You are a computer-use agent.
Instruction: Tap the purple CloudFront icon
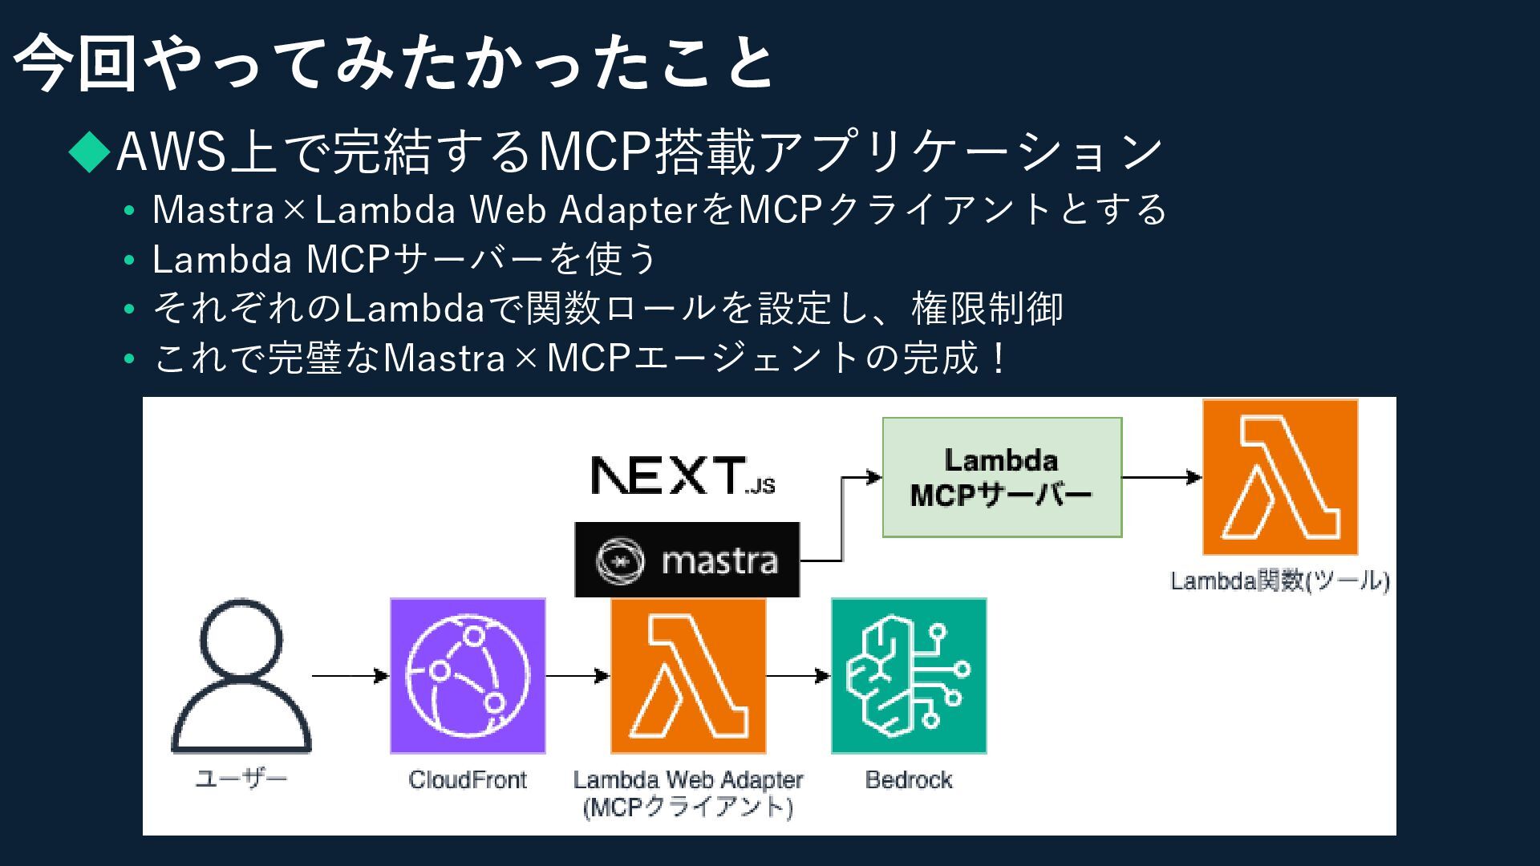pos(468,675)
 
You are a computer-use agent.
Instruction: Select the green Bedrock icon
pos(909,675)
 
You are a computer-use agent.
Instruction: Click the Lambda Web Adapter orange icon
pos(688,675)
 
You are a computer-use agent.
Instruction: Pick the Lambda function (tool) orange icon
pos(1280,477)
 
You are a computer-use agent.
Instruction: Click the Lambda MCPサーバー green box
pos(1002,477)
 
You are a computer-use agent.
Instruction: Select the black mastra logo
pos(687,560)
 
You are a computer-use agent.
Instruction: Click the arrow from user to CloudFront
pos(350,676)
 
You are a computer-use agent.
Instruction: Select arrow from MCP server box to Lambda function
pos(1161,478)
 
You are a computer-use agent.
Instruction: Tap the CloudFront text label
pos(468,779)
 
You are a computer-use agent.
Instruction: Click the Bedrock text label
pos(909,779)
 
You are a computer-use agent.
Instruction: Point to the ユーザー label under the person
pos(241,778)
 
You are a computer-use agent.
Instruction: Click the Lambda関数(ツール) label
pos(1279,581)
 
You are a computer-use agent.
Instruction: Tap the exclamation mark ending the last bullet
pos(998,358)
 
